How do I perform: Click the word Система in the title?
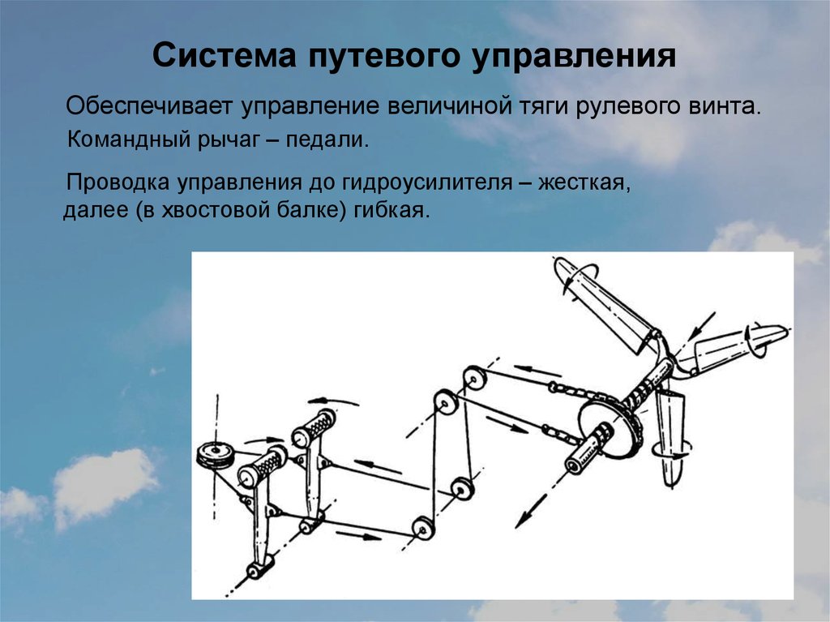224,55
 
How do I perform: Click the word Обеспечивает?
149,106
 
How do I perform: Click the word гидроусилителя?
426,183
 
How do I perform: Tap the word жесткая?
584,183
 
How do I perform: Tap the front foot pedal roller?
262,465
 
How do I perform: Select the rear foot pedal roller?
314,428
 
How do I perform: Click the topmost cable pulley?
474,378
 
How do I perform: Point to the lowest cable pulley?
423,528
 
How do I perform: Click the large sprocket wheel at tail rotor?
610,427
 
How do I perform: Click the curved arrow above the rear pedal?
333,401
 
